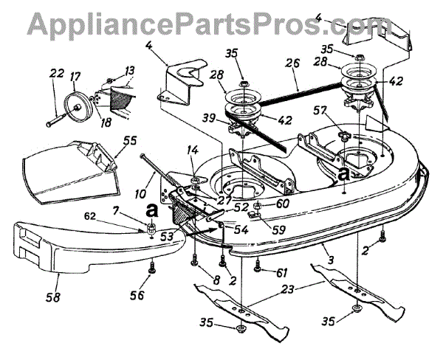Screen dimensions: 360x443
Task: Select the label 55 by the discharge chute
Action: (x=130, y=139)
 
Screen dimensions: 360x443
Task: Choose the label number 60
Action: (x=282, y=204)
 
